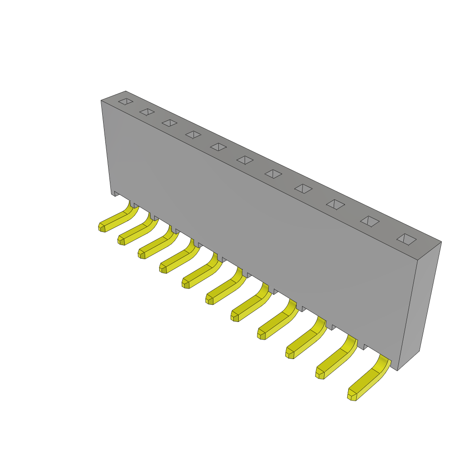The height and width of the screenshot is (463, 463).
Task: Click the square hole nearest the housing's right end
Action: click(x=406, y=239)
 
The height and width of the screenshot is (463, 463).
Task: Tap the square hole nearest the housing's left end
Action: click(x=126, y=101)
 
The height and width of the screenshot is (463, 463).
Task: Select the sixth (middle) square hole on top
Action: click(x=245, y=160)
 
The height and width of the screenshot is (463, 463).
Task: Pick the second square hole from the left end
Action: click(x=147, y=112)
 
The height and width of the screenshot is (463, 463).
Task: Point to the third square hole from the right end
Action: click(x=335, y=204)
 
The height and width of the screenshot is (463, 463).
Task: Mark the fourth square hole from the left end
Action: click(x=194, y=135)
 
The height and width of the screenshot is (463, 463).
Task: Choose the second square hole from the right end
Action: click(x=369, y=221)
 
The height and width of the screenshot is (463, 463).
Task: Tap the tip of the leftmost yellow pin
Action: click(x=102, y=227)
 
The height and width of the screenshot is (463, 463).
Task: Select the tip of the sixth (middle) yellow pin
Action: click(x=209, y=300)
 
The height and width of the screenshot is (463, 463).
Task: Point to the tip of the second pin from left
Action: click(x=121, y=241)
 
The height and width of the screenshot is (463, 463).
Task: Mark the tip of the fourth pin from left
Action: click(x=163, y=269)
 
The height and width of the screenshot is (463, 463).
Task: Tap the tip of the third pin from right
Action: click(x=289, y=354)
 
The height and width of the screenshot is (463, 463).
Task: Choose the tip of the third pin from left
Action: click(x=142, y=254)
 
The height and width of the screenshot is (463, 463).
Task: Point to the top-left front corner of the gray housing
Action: click(x=101, y=101)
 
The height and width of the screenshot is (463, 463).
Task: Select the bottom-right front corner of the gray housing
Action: click(x=397, y=370)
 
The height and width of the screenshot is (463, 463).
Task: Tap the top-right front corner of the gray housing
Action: click(x=417, y=260)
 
